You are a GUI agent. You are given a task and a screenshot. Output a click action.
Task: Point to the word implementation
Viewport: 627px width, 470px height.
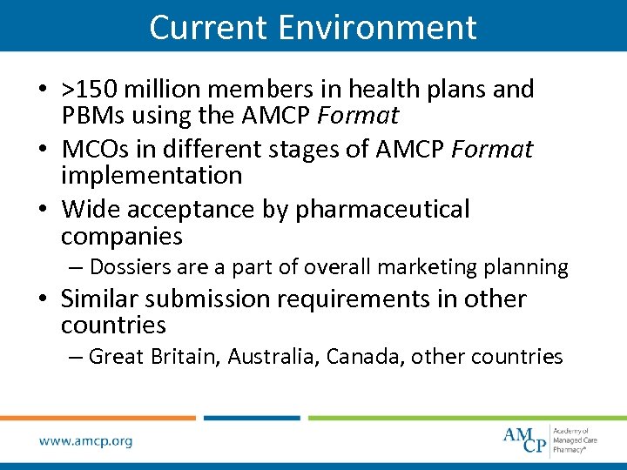pos(152,175)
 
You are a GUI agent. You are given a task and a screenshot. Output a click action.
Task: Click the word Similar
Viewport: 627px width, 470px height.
pos(99,299)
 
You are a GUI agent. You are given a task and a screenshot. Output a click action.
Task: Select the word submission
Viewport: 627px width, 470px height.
pos(208,299)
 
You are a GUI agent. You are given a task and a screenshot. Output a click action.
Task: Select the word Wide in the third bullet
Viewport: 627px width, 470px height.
pos(88,209)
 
